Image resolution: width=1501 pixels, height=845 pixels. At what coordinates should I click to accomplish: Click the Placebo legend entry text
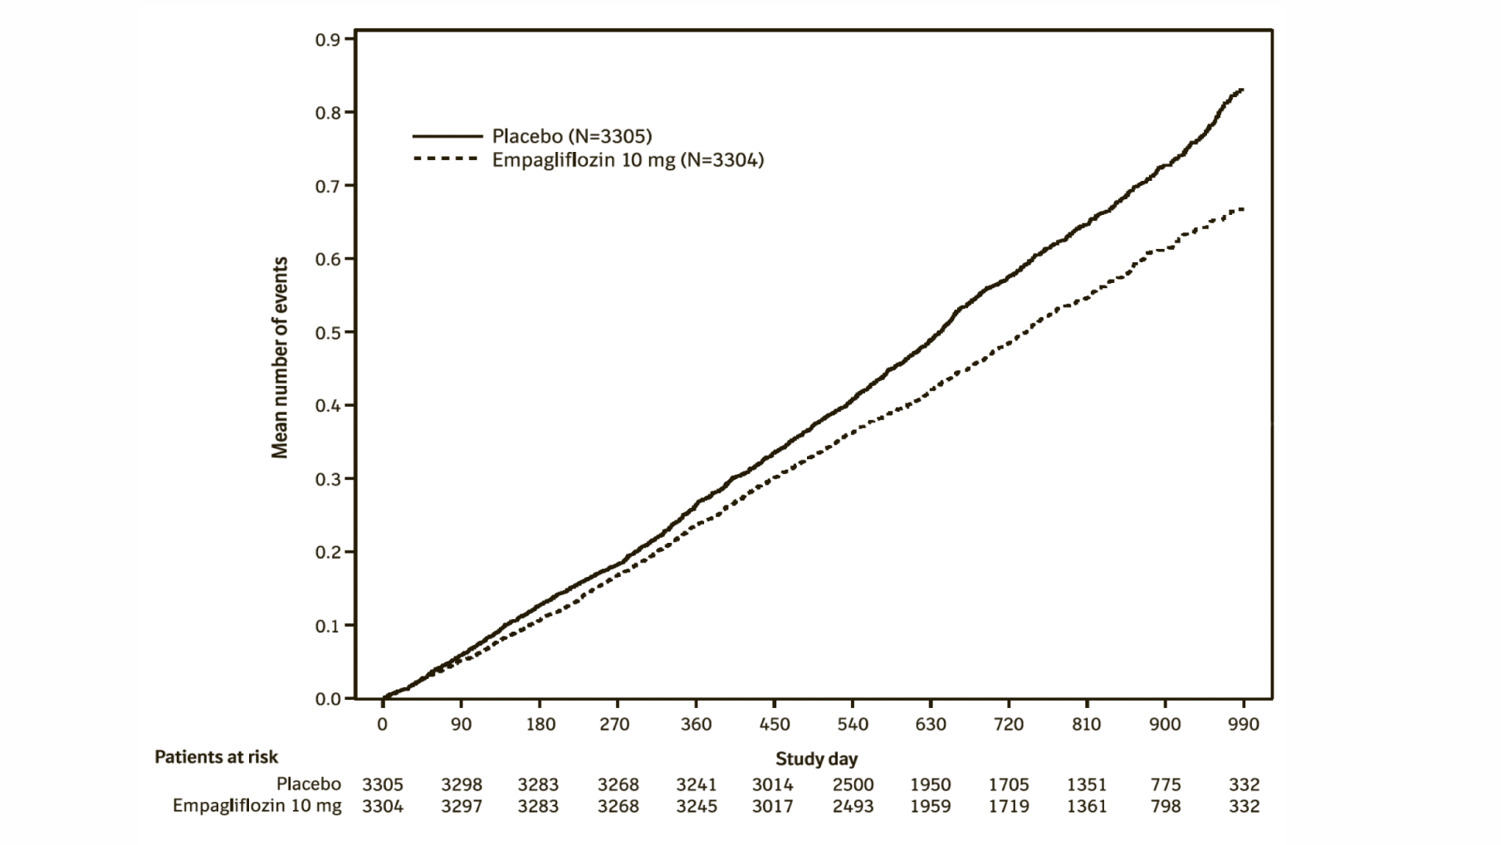(x=571, y=136)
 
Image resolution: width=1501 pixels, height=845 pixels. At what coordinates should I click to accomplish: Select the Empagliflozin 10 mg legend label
(x=628, y=160)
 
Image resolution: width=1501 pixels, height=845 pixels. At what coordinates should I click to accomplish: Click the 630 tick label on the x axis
(x=930, y=725)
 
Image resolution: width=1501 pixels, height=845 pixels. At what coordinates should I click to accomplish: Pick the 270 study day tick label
(x=616, y=725)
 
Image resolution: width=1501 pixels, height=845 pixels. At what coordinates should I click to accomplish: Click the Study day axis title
(x=816, y=759)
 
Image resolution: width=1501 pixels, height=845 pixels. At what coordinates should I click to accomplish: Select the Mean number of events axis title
(x=280, y=357)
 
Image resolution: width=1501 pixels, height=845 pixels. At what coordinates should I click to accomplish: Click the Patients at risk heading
(x=216, y=757)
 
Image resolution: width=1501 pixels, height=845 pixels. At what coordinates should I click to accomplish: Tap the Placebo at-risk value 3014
(x=772, y=784)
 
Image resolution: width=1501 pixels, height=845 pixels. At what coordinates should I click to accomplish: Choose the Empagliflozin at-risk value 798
(x=1166, y=806)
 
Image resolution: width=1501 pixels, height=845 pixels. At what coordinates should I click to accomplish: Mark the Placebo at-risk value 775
(x=1166, y=784)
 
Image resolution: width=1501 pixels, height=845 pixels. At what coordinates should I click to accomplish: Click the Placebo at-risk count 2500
(x=853, y=784)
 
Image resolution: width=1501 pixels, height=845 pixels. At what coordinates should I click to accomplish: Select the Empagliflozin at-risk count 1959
(x=930, y=806)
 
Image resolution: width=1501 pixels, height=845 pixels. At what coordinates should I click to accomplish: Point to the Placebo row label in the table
(x=309, y=784)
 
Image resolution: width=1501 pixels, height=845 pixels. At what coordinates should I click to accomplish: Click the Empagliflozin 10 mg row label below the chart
(x=257, y=806)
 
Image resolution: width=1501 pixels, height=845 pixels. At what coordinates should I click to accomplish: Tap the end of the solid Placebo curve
(x=1242, y=90)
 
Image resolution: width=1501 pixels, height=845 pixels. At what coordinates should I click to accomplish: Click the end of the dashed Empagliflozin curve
(x=1242, y=209)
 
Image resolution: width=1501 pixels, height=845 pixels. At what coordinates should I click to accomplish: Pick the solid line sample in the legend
(x=447, y=136)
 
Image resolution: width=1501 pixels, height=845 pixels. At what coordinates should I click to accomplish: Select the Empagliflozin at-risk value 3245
(x=696, y=806)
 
